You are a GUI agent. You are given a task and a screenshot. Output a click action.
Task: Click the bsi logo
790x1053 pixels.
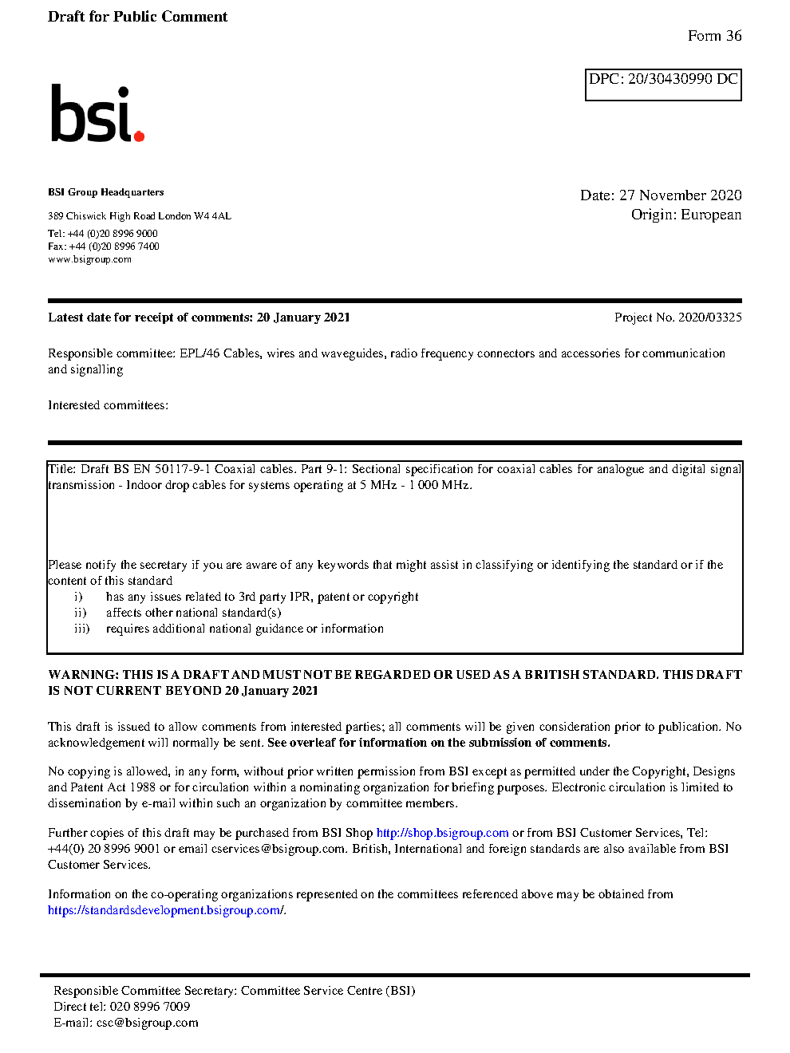pos(97,114)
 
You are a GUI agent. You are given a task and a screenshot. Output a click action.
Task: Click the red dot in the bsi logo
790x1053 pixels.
pos(140,136)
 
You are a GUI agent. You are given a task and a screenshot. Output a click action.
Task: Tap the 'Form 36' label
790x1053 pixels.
pos(714,36)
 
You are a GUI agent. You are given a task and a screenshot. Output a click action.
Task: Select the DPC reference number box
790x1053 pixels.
pos(663,85)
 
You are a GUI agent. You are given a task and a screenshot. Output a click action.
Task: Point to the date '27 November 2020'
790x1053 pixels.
pos(680,195)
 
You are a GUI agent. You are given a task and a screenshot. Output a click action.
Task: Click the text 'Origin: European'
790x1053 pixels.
pos(685,215)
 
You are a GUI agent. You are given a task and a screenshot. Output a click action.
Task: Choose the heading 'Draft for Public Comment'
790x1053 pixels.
pos(137,17)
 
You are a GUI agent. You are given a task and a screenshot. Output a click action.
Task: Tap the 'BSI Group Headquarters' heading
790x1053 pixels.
pos(105,192)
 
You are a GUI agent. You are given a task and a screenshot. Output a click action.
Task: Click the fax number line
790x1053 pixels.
pos(104,246)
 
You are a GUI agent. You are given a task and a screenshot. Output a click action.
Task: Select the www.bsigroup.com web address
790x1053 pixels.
pos(89,259)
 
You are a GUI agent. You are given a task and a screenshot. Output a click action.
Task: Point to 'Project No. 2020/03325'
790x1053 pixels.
pos(677,317)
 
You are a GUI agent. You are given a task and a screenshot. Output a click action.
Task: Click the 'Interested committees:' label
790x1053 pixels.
pos(108,405)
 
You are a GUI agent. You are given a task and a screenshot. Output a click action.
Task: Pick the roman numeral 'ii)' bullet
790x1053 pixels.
pos(80,613)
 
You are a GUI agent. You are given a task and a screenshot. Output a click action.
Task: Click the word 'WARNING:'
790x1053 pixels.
pos(83,675)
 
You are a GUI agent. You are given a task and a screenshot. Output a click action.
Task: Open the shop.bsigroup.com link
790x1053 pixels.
pos(442,833)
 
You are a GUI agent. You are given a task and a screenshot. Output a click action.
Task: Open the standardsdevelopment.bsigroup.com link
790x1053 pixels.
pos(164,910)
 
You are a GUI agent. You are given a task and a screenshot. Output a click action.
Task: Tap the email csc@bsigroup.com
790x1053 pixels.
pos(147,1023)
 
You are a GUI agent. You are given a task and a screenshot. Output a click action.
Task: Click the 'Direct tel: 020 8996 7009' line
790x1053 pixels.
pos(121,1007)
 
